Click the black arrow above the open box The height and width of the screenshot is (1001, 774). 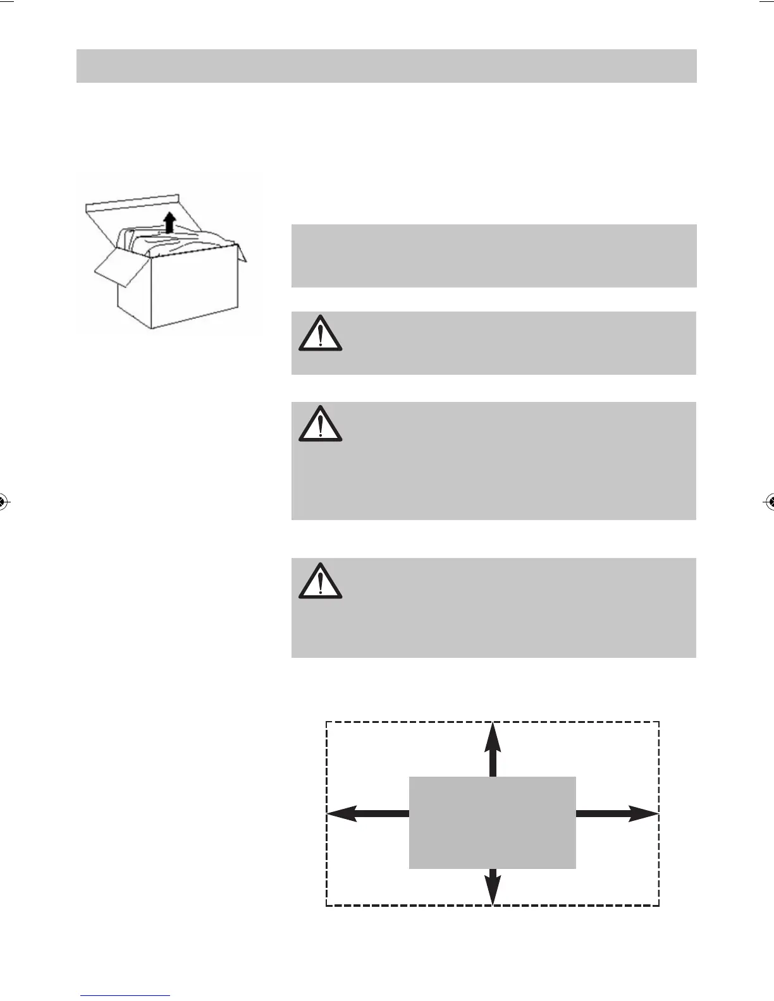tap(169, 222)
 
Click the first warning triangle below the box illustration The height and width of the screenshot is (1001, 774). tap(321, 334)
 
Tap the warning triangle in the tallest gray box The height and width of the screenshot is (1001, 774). tap(321, 425)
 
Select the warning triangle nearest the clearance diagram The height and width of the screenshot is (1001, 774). tap(321, 581)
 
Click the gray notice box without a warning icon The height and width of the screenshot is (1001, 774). tap(493, 255)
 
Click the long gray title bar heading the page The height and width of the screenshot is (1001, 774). tap(386, 66)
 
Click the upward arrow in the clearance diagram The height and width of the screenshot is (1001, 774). tap(493, 749)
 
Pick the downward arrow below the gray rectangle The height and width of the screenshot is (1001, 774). tap(493, 886)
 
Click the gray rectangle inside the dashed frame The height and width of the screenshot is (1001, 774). tap(493, 822)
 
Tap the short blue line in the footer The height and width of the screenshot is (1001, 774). tap(125, 996)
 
